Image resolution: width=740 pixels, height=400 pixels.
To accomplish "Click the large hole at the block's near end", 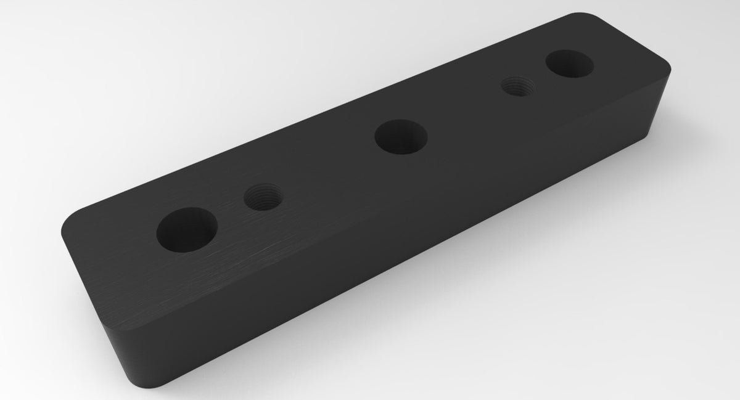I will [x=186, y=231].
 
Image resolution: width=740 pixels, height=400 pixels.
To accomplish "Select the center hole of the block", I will [x=401, y=136].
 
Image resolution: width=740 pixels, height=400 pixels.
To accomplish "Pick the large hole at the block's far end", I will [x=569, y=63].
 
